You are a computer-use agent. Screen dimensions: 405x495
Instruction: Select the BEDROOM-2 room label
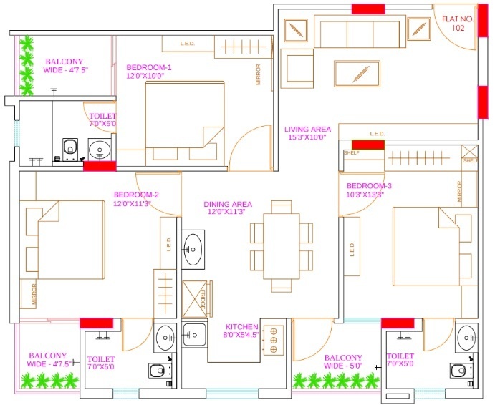[x=136, y=198]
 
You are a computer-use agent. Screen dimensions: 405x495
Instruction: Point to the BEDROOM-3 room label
[x=370, y=190]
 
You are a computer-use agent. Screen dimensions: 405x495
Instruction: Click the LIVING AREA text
[x=307, y=133]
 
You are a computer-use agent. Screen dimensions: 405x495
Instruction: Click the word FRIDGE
[x=203, y=301]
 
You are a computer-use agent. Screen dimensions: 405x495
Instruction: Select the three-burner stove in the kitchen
[x=272, y=341]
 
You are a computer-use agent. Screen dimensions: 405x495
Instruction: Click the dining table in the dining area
[x=282, y=245]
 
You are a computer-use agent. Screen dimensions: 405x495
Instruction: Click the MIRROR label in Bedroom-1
[x=258, y=75]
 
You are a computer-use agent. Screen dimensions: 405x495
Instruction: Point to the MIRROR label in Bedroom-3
[x=459, y=191]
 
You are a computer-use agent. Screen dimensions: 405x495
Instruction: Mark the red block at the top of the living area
[x=365, y=9]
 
